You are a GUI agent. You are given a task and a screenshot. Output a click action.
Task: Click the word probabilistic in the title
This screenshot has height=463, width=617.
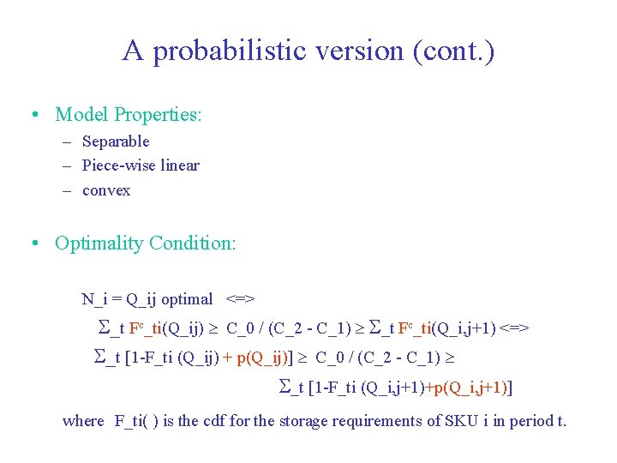coord(243,51)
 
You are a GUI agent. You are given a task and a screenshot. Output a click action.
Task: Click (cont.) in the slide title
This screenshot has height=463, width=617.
coord(453,51)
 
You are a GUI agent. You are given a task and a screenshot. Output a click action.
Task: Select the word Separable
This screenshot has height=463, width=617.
coord(116,141)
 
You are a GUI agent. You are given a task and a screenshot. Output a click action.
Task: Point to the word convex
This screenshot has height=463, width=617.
coord(106,190)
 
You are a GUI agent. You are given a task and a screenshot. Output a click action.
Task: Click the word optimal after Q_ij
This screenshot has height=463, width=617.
coord(187,299)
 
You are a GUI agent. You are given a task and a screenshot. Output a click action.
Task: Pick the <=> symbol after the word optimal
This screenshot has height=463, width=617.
coord(241,299)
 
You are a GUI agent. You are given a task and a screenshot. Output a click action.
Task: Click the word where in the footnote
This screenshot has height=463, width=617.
coord(83,421)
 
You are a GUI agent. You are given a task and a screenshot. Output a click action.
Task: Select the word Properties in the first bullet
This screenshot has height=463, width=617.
coord(159,115)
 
